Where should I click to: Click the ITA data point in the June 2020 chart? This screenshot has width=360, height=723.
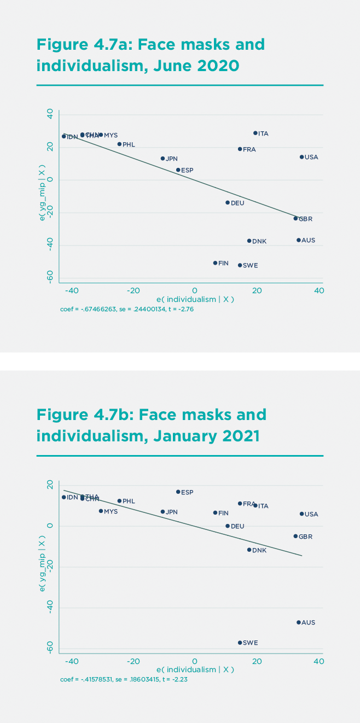click(255, 133)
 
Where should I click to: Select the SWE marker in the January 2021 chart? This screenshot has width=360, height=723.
click(240, 643)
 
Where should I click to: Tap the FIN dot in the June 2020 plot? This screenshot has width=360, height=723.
click(215, 263)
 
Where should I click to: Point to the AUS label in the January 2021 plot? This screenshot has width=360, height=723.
click(308, 622)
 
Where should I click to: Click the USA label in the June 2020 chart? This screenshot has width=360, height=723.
click(311, 157)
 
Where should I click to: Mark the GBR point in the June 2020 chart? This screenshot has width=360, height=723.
click(295, 218)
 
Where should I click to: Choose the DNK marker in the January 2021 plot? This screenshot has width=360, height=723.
click(249, 550)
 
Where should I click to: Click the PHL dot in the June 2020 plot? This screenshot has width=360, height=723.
click(119, 144)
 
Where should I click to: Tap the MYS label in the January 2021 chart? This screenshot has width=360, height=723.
click(111, 511)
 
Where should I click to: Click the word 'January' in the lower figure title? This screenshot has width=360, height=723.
click(184, 437)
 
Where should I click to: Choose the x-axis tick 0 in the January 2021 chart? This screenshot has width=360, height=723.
click(194, 661)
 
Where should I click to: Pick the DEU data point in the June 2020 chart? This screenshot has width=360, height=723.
click(228, 202)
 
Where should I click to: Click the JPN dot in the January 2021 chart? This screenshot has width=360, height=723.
click(162, 512)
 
